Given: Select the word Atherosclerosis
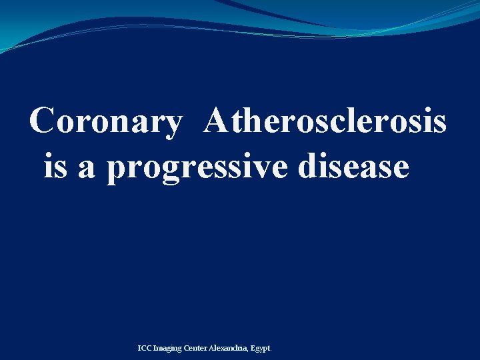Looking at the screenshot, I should [x=326, y=121].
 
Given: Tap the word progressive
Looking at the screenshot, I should [x=199, y=167].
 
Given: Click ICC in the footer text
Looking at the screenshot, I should [x=145, y=348].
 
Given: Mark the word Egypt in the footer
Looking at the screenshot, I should [x=261, y=349].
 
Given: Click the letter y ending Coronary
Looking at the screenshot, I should [x=171, y=125].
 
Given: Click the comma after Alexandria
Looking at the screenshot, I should [x=249, y=350].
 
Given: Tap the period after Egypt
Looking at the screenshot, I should [x=271, y=350].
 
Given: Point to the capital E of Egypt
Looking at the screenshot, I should [x=254, y=348].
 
